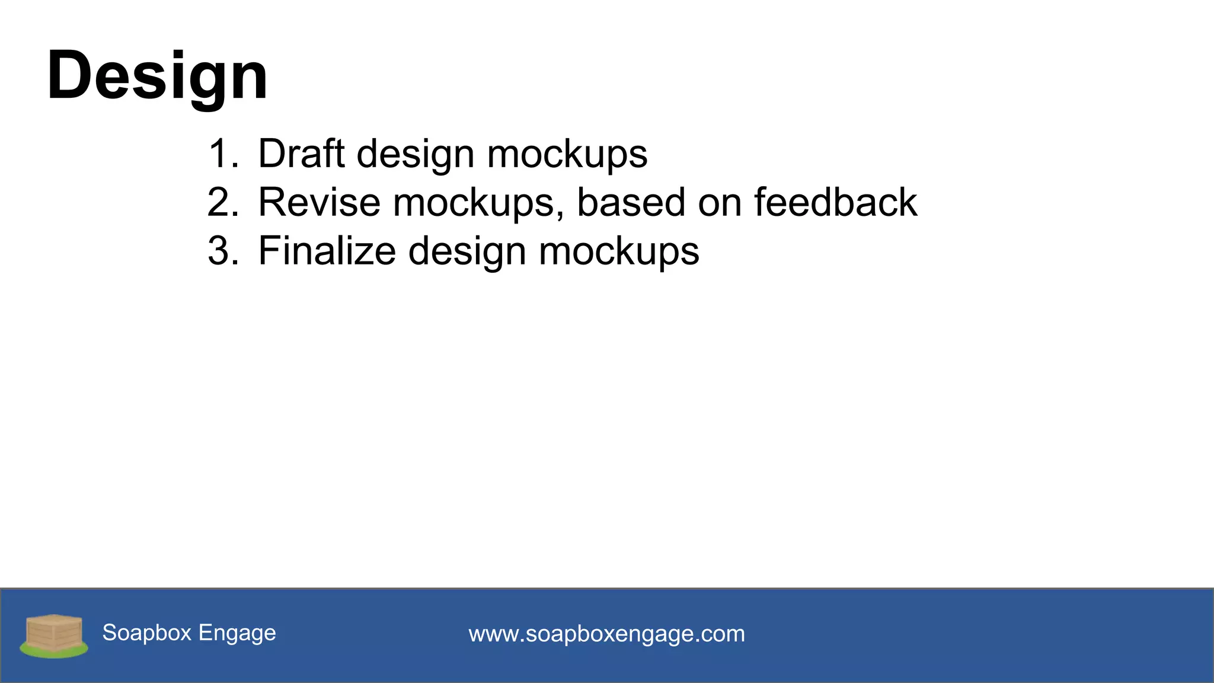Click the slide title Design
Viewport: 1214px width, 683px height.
(x=157, y=76)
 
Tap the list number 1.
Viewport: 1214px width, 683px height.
(x=223, y=154)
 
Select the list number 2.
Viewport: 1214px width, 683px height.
(x=223, y=202)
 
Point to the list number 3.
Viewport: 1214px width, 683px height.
(x=223, y=251)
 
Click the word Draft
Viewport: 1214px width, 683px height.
(x=301, y=154)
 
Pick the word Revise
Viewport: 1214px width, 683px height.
(x=319, y=202)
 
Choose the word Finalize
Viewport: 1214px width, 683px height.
(x=327, y=251)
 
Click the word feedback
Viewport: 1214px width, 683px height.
(x=835, y=202)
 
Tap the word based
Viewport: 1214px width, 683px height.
(x=631, y=202)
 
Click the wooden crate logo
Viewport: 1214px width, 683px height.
(x=53, y=632)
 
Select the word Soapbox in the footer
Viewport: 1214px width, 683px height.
(x=147, y=633)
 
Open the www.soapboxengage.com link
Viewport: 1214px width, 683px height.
(x=606, y=634)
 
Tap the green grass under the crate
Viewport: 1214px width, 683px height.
(x=53, y=652)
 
